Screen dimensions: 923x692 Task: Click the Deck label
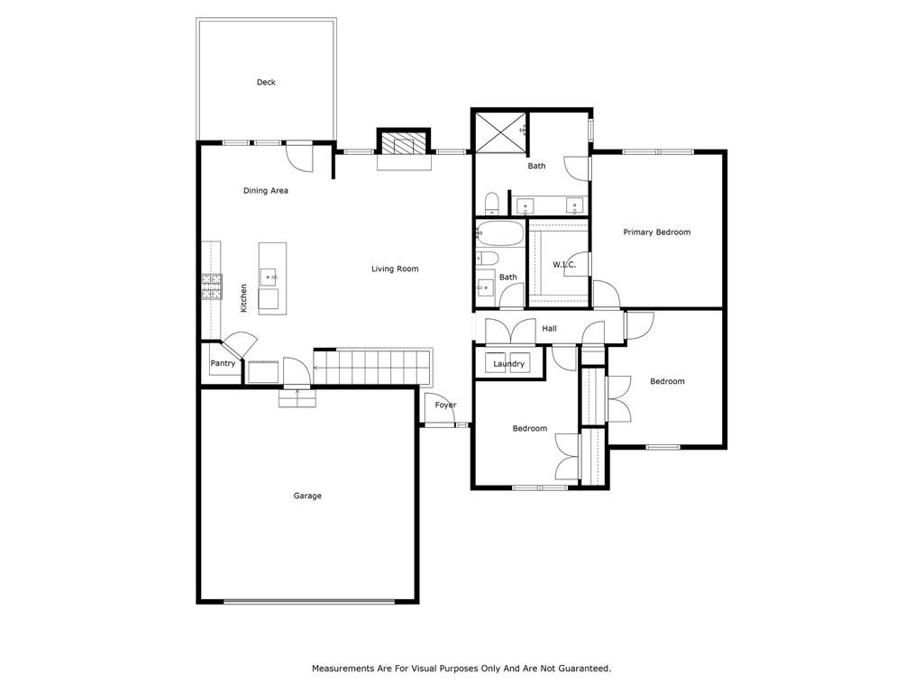pos(266,82)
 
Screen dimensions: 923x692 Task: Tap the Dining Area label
pos(266,191)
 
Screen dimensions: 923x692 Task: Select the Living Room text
pos(395,269)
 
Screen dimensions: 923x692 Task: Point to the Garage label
pos(307,496)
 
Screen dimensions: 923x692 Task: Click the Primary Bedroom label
pos(657,232)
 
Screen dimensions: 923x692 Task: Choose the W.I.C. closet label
pos(564,265)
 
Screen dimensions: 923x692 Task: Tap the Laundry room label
pos(508,364)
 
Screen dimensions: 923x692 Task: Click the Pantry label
pos(223,364)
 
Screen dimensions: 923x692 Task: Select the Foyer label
pos(445,405)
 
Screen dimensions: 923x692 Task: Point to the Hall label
pos(549,328)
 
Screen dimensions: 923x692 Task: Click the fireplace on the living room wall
pos(404,143)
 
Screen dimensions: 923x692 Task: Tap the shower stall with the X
pos(501,133)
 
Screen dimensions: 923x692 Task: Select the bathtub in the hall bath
pos(499,233)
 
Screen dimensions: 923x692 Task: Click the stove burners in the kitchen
pos(212,287)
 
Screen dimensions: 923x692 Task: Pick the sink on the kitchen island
pos(269,276)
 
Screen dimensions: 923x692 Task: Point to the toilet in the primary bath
pos(491,204)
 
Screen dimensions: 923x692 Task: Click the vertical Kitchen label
pos(243,297)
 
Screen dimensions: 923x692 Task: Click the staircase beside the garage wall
pos(372,367)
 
